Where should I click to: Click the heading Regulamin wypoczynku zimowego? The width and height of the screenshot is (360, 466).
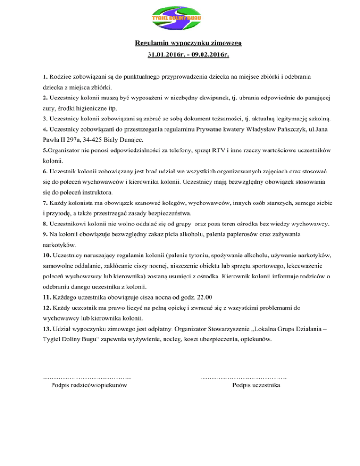[188, 44]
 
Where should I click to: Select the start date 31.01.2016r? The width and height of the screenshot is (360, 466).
[166, 55]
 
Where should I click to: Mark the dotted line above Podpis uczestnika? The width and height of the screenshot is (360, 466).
[244, 376]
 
